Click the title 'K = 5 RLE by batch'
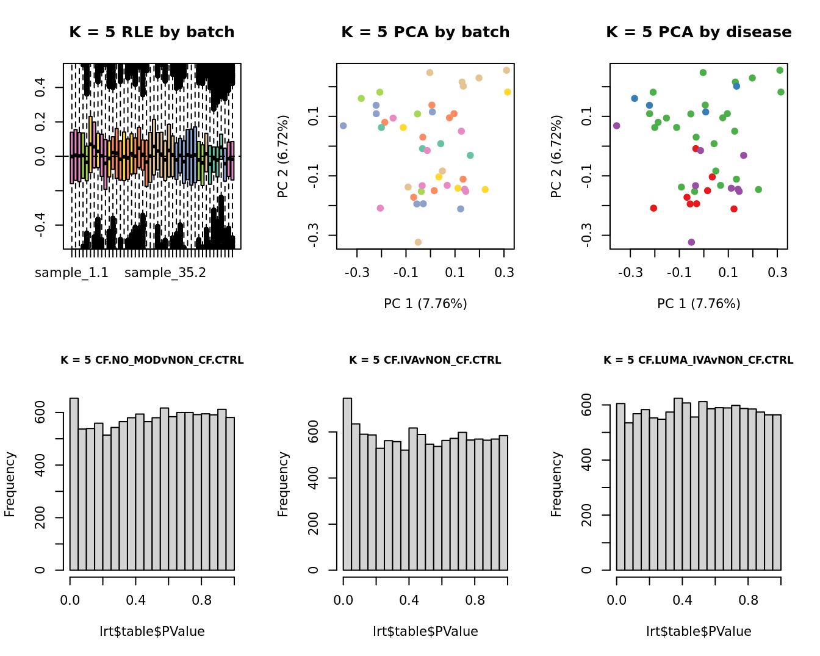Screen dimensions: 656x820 coord(151,32)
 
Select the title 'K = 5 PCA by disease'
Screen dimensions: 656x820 coord(699,32)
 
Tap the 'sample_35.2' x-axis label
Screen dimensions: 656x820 coord(165,273)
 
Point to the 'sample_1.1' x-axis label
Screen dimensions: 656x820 coord(71,273)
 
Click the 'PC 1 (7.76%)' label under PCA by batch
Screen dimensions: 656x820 coord(425,303)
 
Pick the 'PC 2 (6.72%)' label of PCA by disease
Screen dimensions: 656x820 coord(556,156)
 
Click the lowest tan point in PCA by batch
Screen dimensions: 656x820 coord(418,242)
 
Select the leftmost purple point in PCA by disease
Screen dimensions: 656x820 coord(616,126)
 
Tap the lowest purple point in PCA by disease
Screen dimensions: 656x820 coord(691,242)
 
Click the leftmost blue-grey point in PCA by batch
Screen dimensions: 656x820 coord(343,126)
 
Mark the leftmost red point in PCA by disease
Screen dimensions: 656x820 coord(653,208)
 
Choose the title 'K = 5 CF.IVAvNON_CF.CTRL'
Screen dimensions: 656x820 coord(425,360)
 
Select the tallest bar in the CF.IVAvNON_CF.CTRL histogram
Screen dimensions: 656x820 coord(347,484)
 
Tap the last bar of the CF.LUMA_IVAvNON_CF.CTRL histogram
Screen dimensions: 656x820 coord(777,492)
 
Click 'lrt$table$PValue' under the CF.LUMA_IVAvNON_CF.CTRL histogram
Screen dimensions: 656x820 coord(699,632)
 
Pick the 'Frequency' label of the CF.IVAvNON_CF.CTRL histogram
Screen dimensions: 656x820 coord(283,484)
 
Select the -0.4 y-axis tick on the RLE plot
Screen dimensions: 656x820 coord(40,225)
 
